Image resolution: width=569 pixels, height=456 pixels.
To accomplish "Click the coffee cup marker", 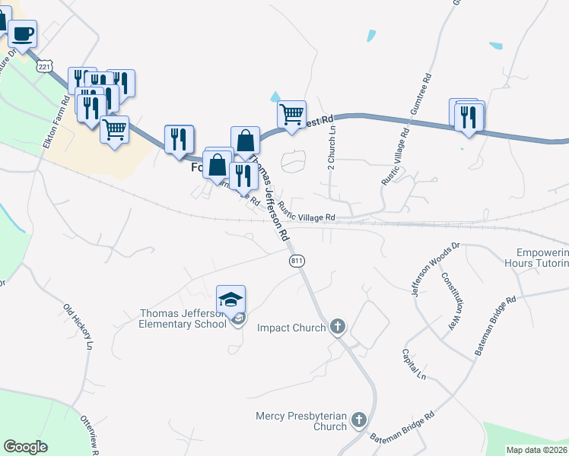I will (22, 35).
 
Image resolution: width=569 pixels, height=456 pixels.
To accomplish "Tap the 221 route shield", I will (46, 67).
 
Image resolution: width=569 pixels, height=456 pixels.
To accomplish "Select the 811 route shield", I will (297, 261).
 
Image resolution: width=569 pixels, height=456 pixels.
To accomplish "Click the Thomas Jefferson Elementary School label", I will (183, 318).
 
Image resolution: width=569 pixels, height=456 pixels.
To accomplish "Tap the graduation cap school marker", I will (231, 299).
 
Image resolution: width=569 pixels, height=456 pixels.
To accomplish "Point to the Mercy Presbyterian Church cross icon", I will (358, 420).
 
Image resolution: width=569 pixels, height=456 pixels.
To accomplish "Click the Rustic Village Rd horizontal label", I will (307, 217).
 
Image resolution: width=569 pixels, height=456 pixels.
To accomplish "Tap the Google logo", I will (25, 447).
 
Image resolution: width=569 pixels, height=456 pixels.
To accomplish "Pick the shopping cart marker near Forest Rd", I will (291, 115).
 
